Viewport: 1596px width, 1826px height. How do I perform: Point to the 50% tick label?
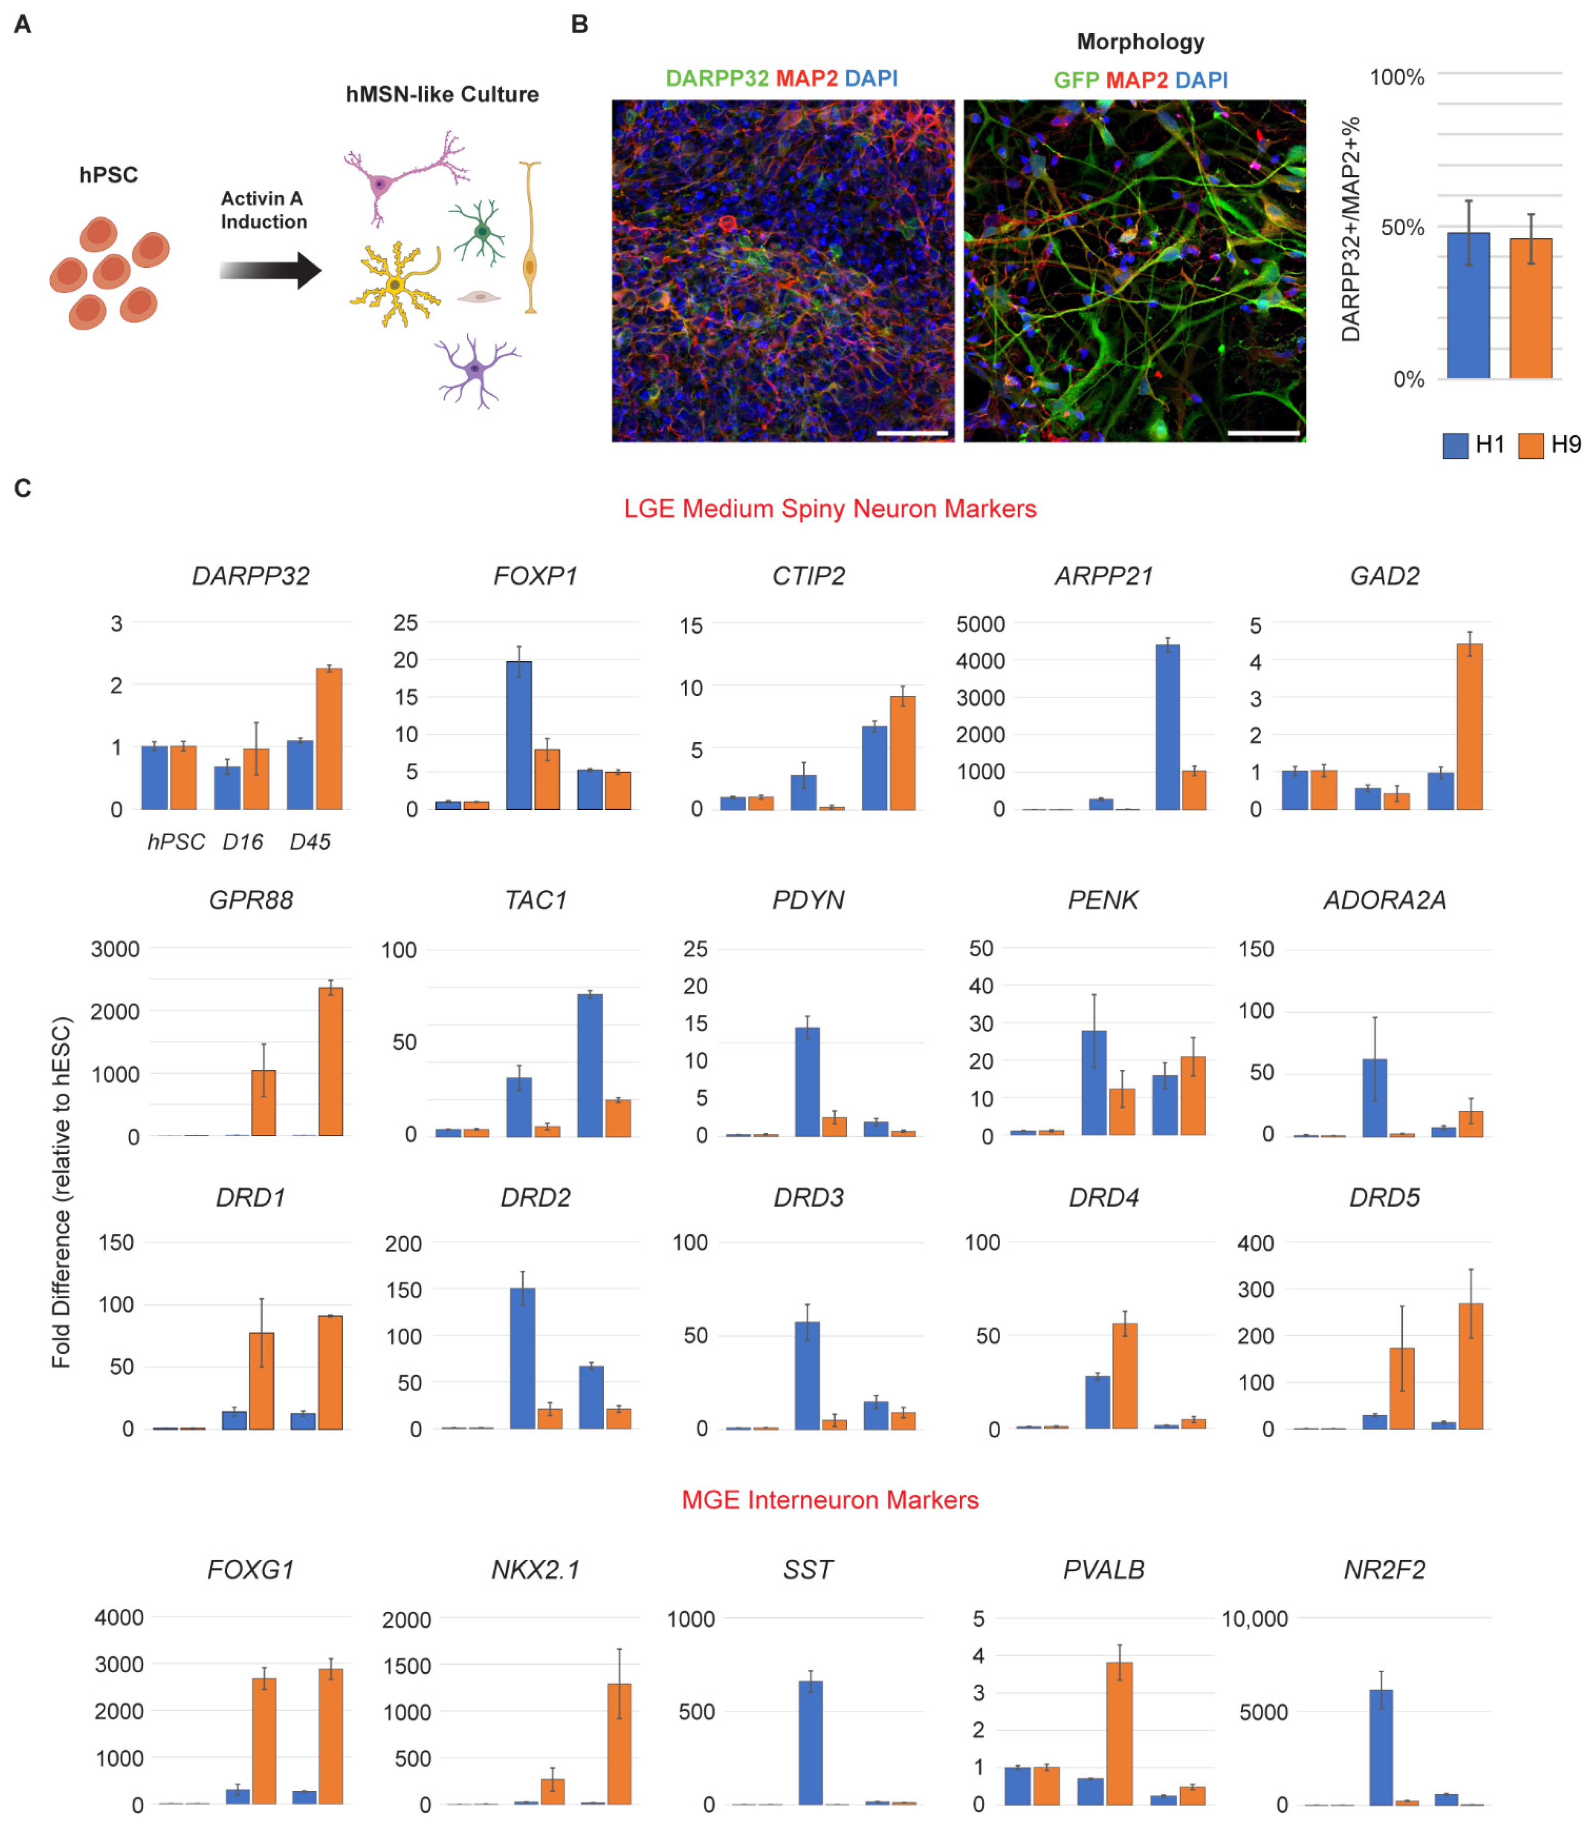(1402, 228)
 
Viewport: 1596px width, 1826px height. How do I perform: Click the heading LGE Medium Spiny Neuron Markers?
(829, 508)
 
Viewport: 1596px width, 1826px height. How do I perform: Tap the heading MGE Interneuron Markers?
(829, 1499)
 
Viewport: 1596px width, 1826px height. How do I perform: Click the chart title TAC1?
(535, 900)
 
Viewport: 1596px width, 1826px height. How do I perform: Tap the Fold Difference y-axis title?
(61, 1193)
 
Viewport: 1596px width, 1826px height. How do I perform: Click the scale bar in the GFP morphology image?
(1263, 434)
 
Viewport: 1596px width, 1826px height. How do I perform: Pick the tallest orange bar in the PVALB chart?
(1119, 1732)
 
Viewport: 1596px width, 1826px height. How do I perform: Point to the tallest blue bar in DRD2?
(522, 1358)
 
